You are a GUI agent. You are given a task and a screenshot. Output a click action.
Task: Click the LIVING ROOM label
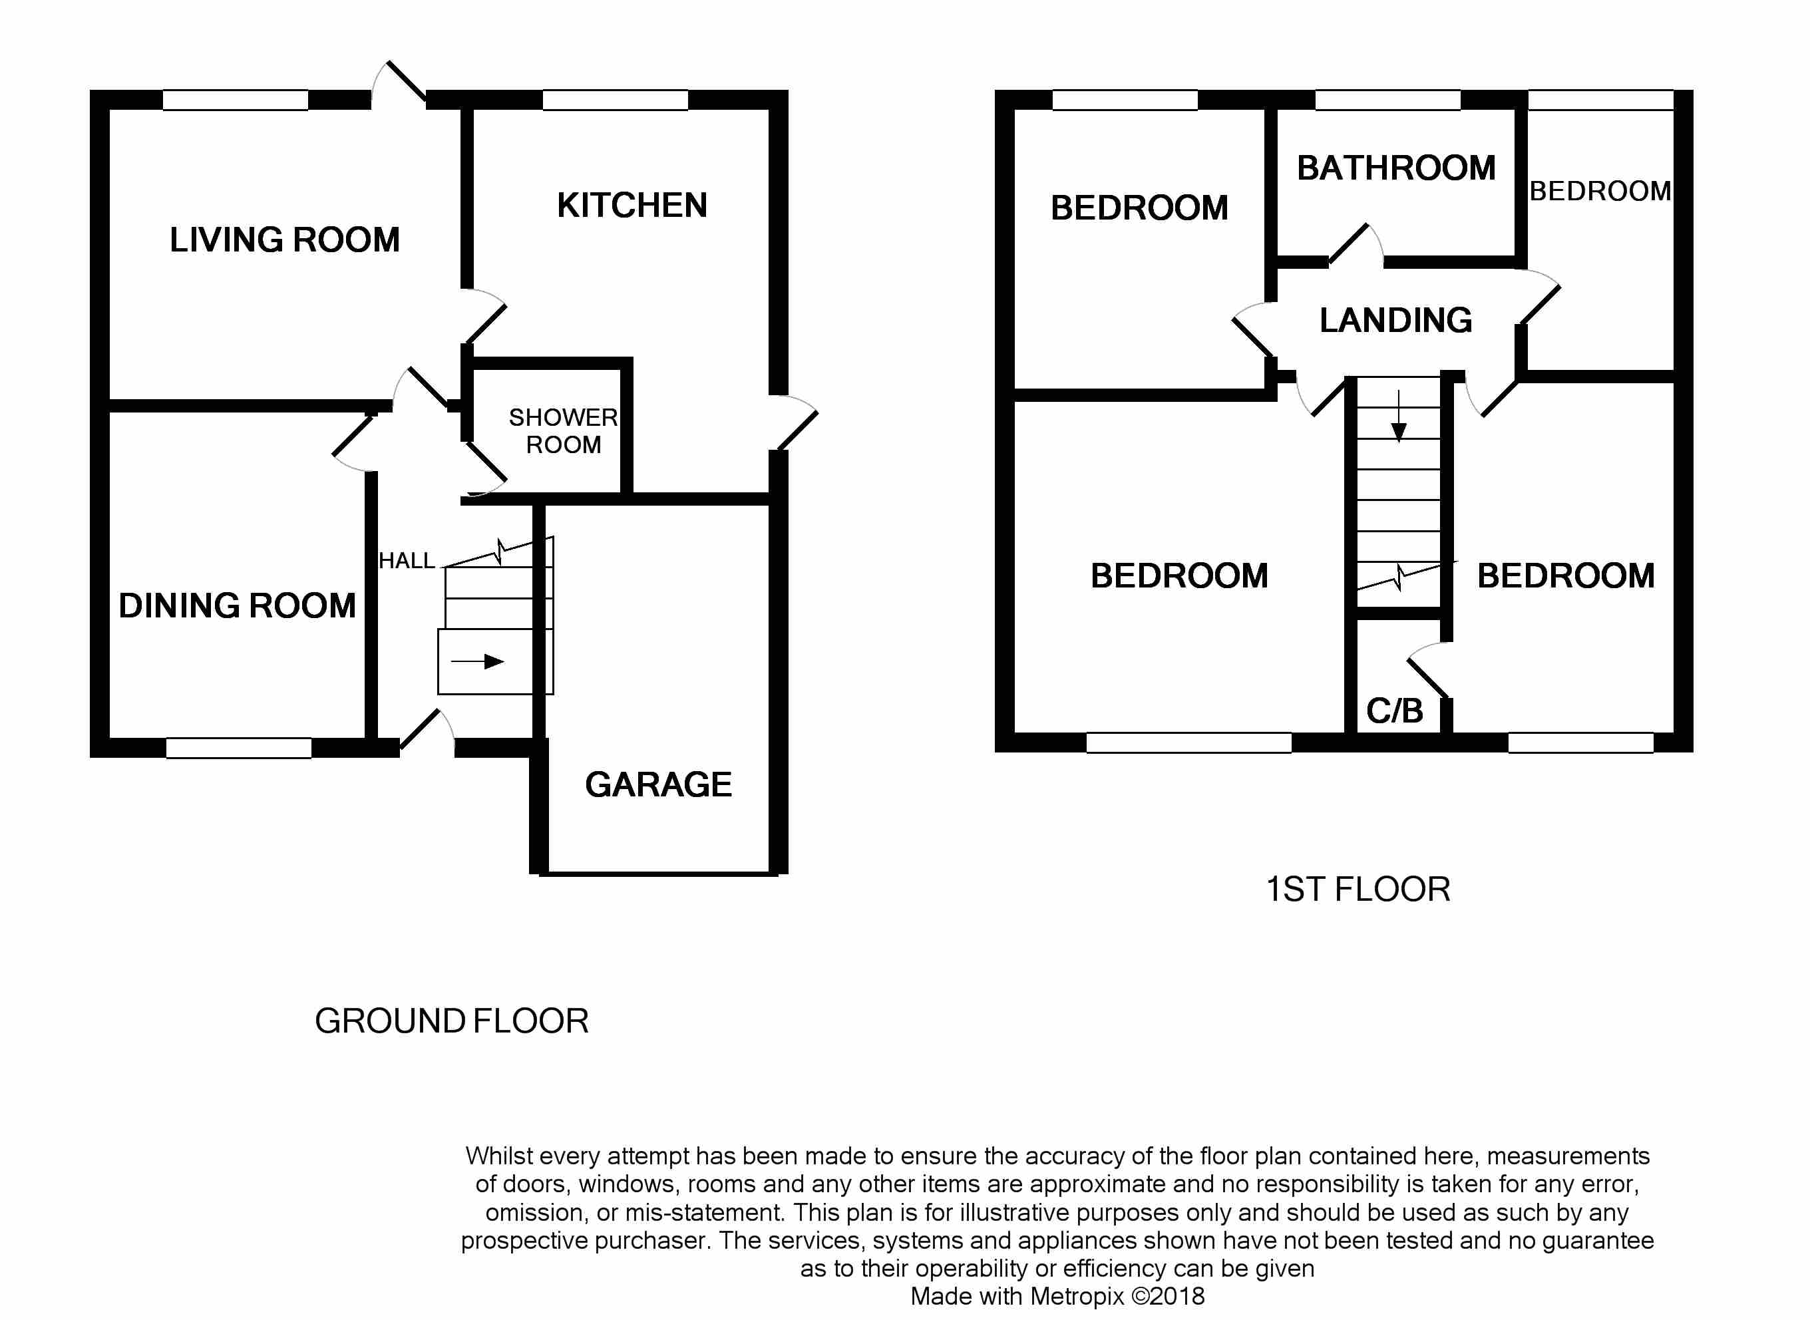[285, 240]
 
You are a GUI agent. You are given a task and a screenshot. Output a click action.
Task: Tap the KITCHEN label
[632, 206]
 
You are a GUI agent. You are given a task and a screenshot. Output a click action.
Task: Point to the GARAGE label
[659, 784]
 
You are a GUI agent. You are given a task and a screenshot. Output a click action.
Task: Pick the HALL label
[407, 561]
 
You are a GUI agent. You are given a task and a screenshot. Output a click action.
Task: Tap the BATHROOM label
[1396, 168]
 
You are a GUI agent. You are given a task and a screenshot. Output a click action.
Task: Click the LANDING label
[1395, 321]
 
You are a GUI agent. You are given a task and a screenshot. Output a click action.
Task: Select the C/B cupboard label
[1395, 711]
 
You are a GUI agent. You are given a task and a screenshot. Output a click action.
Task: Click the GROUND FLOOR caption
[451, 1021]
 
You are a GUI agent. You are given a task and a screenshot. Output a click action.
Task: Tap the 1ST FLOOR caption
[1357, 890]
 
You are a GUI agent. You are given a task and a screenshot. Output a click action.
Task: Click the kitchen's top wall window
[616, 100]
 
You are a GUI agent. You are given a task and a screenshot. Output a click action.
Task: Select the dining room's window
[238, 748]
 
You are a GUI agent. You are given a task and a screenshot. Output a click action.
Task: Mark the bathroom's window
[1388, 100]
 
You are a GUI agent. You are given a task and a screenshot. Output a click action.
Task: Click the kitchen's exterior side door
[796, 424]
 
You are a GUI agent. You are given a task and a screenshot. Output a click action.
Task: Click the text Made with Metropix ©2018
[1057, 1296]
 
